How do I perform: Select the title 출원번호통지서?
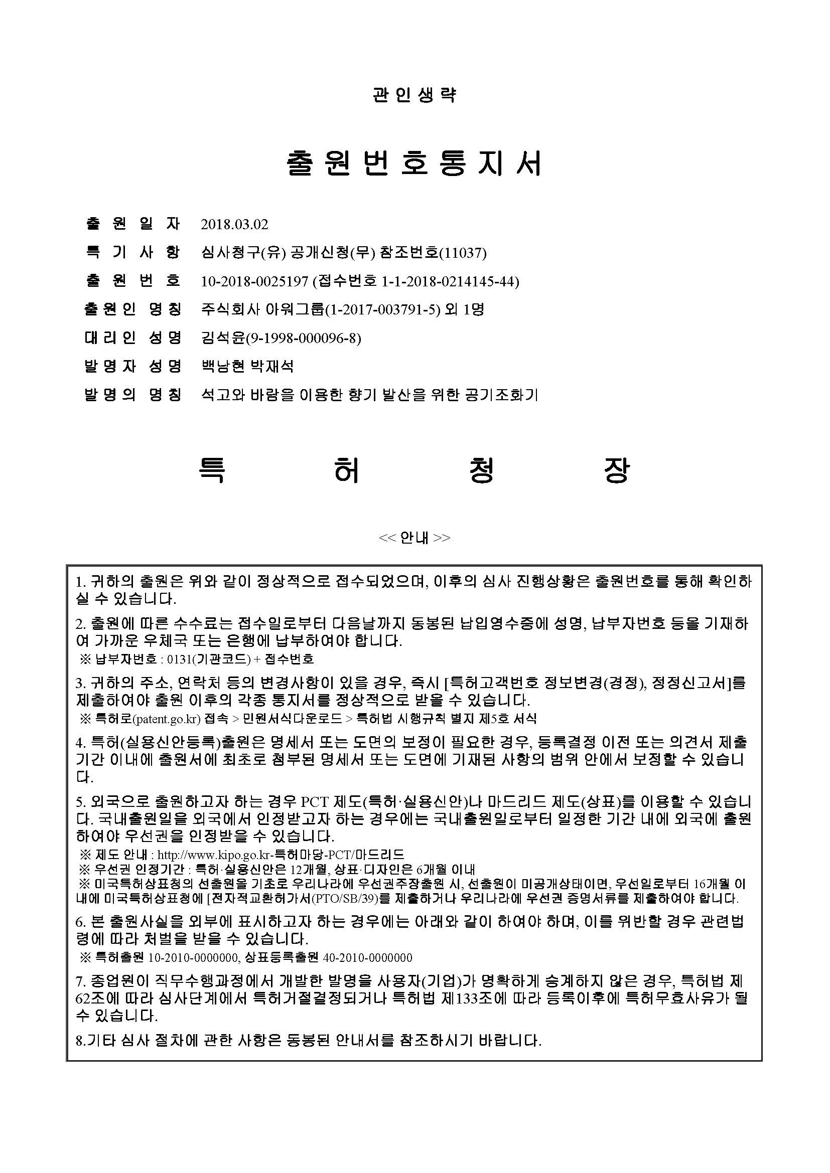point(414,163)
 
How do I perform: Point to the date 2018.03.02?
point(234,224)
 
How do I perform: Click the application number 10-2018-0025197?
point(255,281)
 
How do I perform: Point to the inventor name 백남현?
point(223,366)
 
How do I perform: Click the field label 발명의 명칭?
point(132,395)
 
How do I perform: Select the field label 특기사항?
point(132,253)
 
